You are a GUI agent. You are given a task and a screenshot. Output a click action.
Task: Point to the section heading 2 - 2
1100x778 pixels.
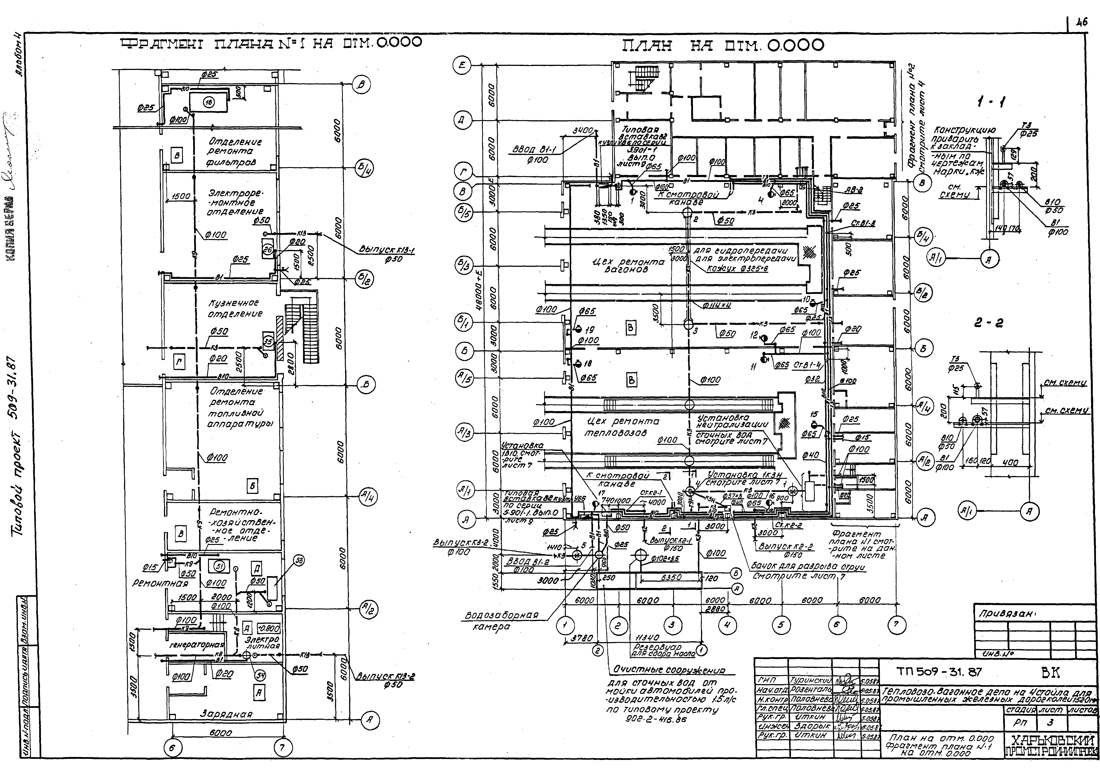[x=988, y=323]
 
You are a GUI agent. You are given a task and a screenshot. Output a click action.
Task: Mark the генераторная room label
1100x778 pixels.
[x=197, y=645]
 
